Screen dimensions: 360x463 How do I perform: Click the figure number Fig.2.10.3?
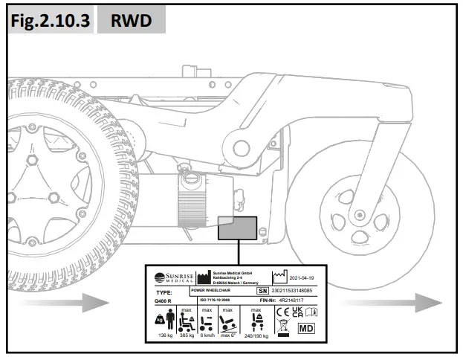coord(49,22)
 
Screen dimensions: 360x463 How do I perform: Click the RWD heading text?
coord(131,22)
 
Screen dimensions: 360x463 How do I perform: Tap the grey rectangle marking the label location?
coord(238,228)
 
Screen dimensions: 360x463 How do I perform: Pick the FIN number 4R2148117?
coord(302,301)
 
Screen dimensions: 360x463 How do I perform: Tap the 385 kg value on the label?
coord(187,335)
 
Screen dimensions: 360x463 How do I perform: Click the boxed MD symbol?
coord(305,327)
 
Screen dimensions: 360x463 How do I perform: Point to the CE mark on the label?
coord(283,313)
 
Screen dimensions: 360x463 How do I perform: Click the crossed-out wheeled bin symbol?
coord(283,328)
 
